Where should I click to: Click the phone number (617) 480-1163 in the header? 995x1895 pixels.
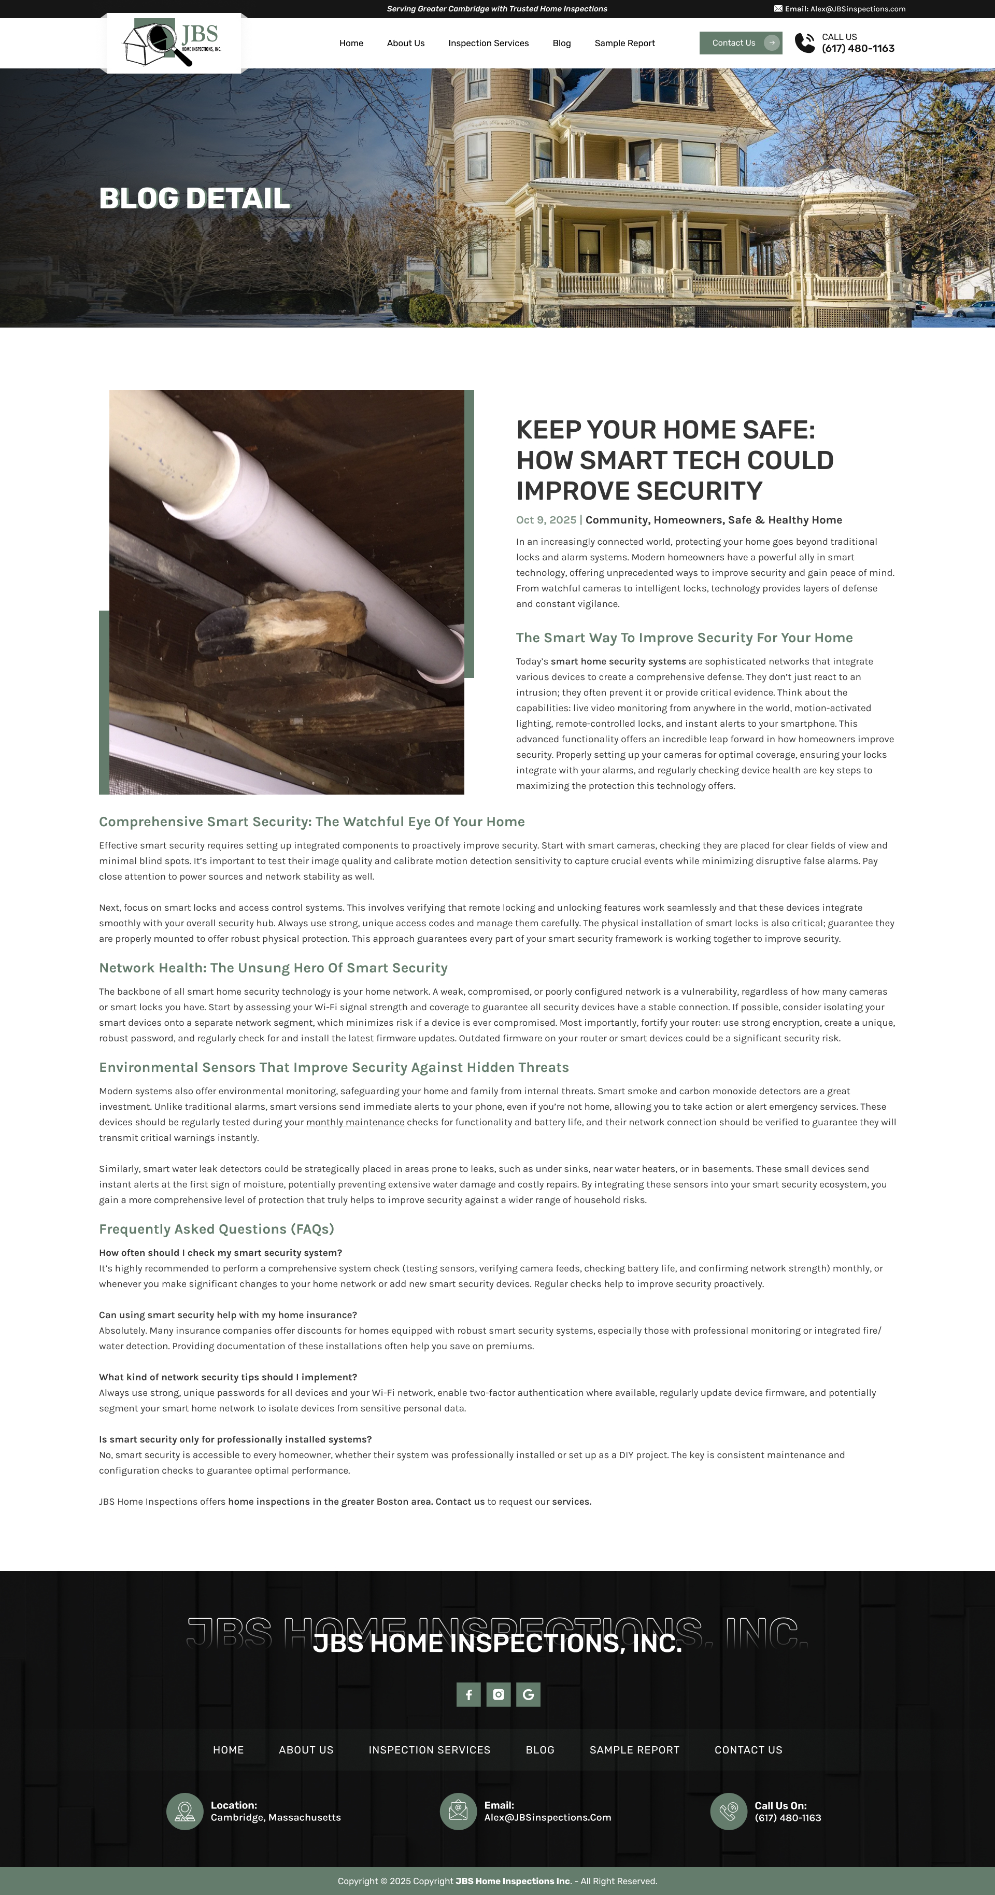click(x=858, y=49)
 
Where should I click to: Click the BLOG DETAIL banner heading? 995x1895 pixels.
click(x=194, y=199)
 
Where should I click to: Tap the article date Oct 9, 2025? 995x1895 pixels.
click(x=546, y=520)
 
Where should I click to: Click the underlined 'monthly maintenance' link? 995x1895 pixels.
click(x=355, y=1122)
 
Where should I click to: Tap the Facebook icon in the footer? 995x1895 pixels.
click(x=468, y=1695)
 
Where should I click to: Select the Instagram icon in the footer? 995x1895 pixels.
click(x=499, y=1695)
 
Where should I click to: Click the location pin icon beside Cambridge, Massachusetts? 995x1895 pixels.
click(x=184, y=1811)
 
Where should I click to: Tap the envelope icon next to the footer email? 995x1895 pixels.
click(x=458, y=1811)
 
